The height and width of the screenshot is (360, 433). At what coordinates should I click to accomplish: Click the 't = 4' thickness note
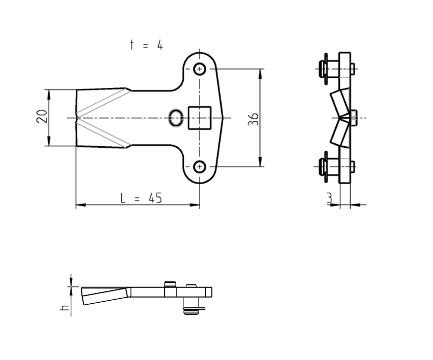[146, 45]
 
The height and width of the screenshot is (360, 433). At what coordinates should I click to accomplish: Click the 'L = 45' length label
[141, 198]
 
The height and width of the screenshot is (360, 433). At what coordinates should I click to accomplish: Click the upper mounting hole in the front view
[200, 69]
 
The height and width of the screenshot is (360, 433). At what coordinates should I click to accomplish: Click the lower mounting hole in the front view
[200, 166]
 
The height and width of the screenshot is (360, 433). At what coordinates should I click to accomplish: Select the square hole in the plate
[200, 118]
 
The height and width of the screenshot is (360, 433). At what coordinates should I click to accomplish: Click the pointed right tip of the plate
[226, 118]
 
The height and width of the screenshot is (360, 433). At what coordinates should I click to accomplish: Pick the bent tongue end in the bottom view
[102, 296]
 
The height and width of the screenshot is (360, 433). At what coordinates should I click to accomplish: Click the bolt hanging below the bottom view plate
[191, 307]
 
